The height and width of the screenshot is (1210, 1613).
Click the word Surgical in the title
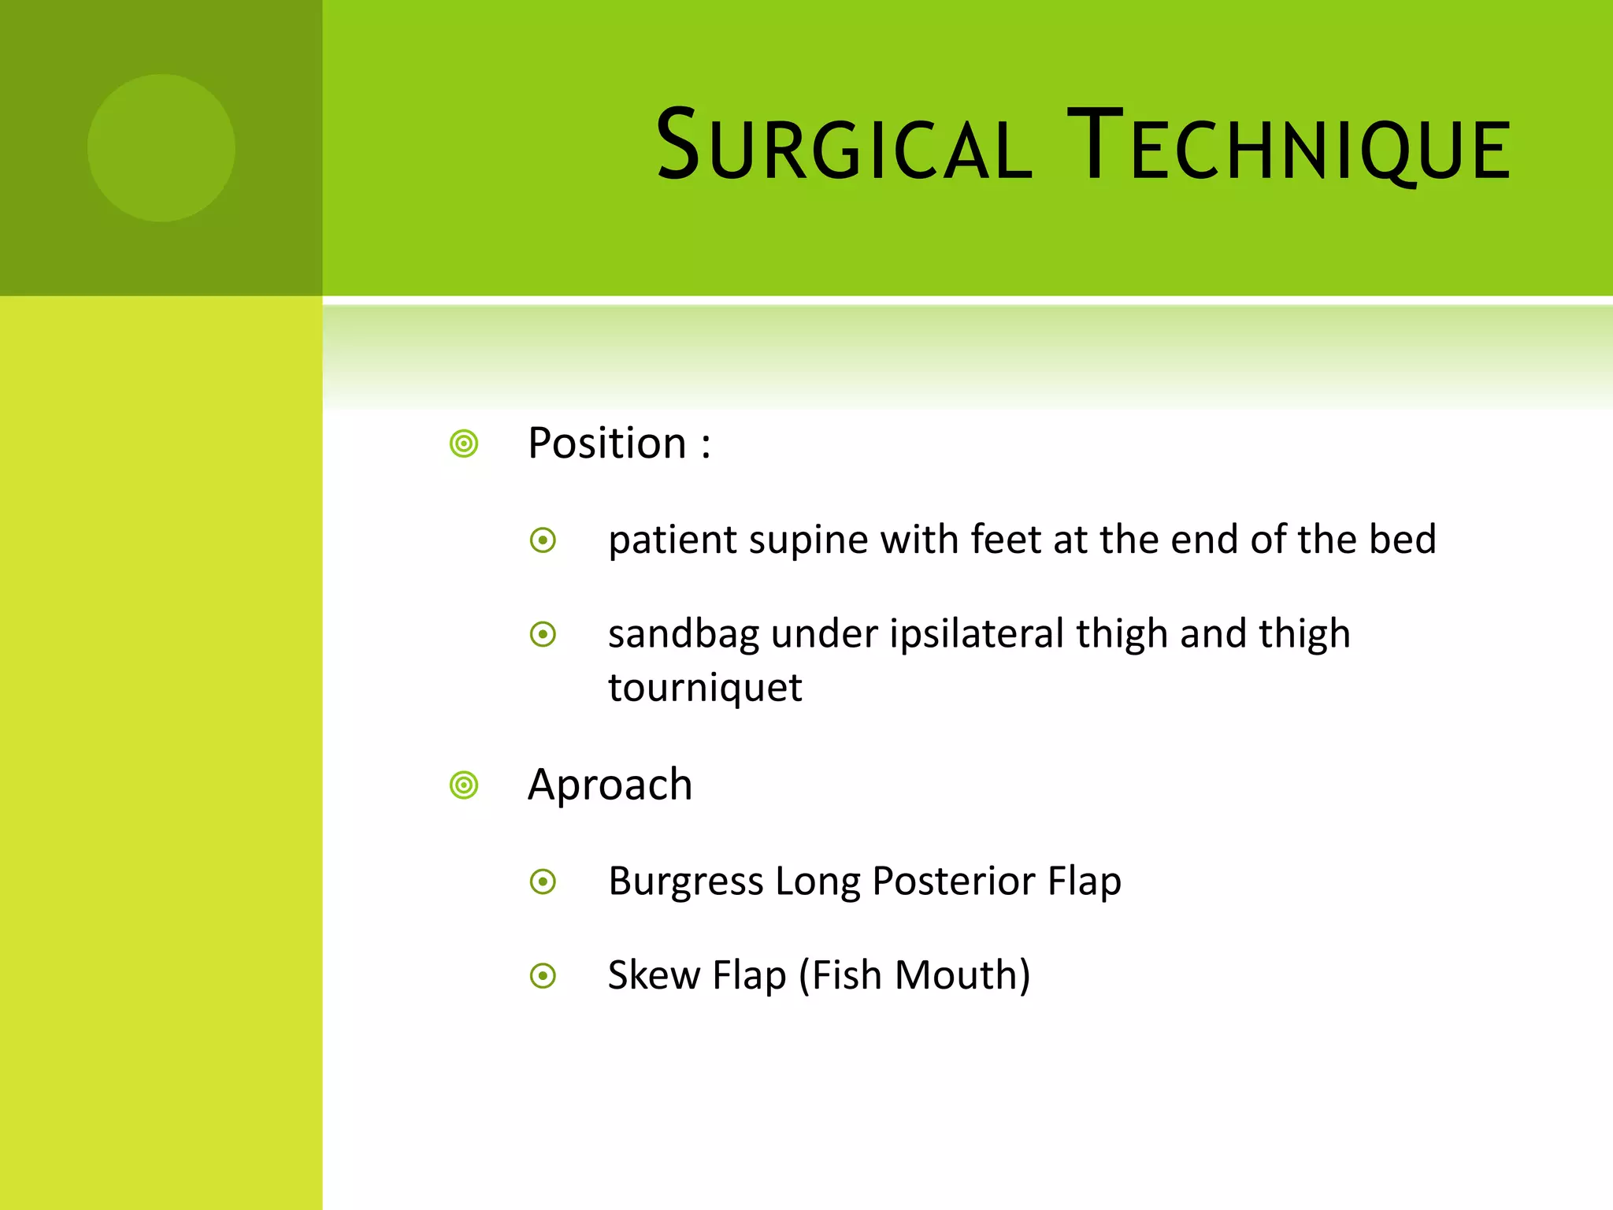[843, 147]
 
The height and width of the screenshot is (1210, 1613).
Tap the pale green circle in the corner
[161, 148]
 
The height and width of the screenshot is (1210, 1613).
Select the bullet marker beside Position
[464, 444]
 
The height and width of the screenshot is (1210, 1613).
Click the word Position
[607, 444]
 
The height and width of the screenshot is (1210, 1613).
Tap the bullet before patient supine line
[543, 540]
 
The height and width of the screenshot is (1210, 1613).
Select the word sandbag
[683, 635]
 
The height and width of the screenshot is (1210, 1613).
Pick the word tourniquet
[705, 688]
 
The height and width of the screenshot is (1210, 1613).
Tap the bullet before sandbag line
[543, 634]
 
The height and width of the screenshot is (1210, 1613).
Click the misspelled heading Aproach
[610, 785]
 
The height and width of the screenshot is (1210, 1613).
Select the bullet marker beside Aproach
[464, 785]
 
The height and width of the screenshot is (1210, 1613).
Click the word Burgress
[685, 882]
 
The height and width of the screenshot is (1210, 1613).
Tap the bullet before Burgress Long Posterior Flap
[543, 882]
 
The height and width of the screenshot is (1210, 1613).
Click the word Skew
[654, 975]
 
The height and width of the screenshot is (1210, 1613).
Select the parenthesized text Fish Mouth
[914, 976]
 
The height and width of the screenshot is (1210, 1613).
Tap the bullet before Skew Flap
[543, 976]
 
